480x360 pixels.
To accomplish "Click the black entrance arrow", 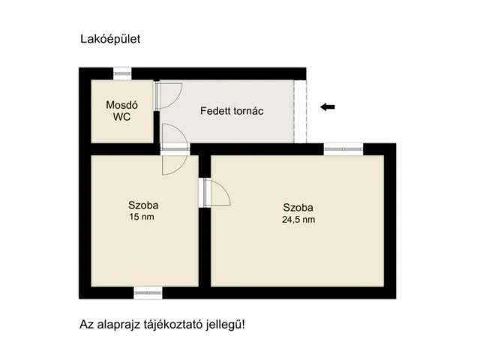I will (x=327, y=106).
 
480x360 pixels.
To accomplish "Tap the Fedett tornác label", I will (x=232, y=111).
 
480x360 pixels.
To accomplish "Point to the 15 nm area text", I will (x=143, y=217).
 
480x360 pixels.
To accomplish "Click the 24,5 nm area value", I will (x=298, y=220).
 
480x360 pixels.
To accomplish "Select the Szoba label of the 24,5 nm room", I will (x=298, y=208).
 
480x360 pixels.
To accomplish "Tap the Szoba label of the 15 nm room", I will (x=143, y=205).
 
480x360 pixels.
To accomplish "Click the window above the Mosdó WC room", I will (x=121, y=73).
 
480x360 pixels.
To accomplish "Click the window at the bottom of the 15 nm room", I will (x=148, y=291).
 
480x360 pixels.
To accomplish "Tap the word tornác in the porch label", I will (x=247, y=111).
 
